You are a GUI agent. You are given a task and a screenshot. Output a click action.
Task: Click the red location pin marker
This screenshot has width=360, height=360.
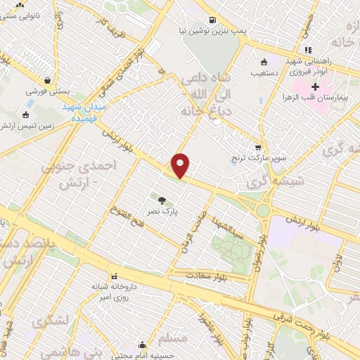181,165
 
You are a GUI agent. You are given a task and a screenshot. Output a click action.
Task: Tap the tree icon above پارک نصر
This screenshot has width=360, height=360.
162,199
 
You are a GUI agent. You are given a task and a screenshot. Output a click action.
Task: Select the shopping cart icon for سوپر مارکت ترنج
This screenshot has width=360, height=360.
258,148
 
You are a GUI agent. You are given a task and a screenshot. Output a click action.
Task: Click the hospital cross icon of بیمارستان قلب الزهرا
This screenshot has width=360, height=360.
315,87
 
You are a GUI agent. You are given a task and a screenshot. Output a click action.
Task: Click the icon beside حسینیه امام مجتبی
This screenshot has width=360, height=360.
142,345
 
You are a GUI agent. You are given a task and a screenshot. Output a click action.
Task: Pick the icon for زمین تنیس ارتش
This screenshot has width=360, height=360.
26,115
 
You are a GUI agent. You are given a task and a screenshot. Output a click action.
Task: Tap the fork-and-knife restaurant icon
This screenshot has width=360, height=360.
307,50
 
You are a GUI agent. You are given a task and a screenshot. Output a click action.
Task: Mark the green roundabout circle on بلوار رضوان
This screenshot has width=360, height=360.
263,210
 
